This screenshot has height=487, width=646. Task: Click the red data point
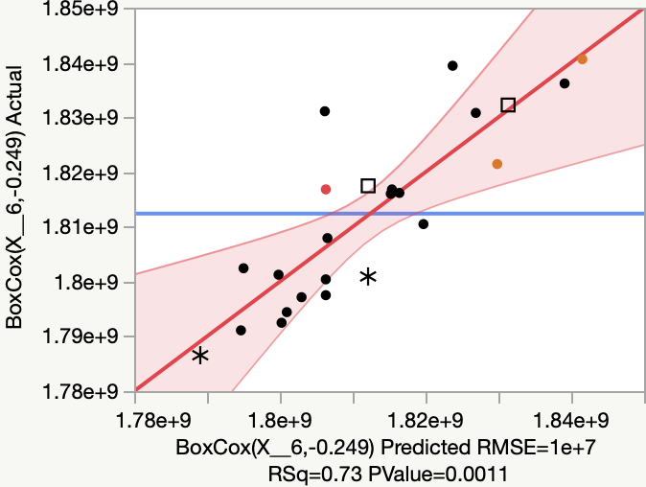tap(326, 190)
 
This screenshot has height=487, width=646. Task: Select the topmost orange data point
tap(582, 59)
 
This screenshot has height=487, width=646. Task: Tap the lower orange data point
tap(496, 164)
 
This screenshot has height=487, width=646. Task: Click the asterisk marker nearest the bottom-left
tap(200, 356)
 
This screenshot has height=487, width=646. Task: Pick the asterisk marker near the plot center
tap(368, 277)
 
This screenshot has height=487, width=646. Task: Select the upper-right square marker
tap(508, 104)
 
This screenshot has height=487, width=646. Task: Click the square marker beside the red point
tap(368, 185)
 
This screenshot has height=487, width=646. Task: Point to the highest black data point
tap(452, 66)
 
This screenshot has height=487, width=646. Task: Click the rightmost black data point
tap(565, 83)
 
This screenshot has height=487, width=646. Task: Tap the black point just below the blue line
tap(424, 224)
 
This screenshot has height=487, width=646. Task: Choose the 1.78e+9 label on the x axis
tap(136, 420)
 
